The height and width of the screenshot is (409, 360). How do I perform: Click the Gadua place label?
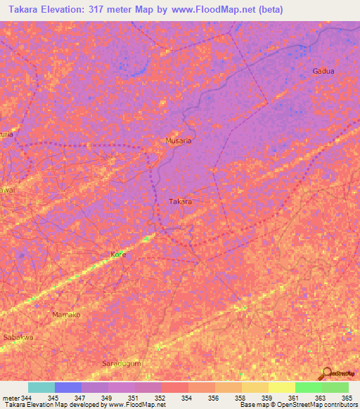[323, 72]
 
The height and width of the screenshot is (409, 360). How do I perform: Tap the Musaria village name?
[178, 141]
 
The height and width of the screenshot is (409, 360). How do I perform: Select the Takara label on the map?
[180, 202]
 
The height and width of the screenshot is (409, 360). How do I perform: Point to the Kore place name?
[119, 255]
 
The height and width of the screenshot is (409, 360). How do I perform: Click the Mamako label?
[67, 315]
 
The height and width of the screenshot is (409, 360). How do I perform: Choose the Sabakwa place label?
[18, 337]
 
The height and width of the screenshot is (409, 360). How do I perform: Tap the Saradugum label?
[121, 363]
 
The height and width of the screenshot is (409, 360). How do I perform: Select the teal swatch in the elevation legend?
[41, 387]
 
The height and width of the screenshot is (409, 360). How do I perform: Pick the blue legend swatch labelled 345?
[68, 387]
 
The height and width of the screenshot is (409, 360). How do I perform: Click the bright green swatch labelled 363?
[308, 387]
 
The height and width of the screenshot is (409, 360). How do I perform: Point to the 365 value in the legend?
[347, 397]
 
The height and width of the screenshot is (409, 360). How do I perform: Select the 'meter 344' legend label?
[17, 397]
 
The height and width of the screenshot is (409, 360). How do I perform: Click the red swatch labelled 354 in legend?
[174, 387]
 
